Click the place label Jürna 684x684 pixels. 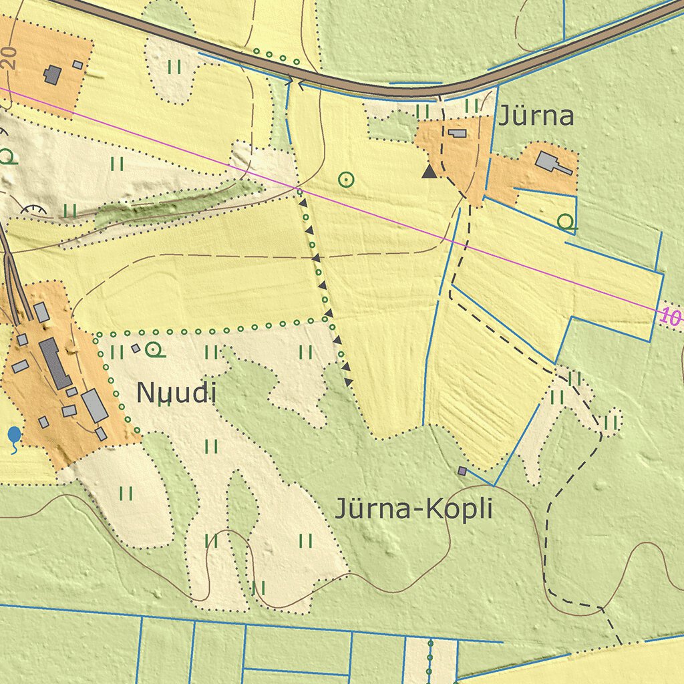(x=536, y=116)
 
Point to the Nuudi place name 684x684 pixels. (x=176, y=393)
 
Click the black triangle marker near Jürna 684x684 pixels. (x=429, y=172)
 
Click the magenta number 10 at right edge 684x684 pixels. (x=670, y=317)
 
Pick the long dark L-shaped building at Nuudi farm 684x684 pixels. (x=55, y=363)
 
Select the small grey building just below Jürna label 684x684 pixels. (x=458, y=133)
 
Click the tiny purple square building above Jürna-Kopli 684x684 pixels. (x=462, y=471)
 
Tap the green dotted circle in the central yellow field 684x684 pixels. (x=346, y=179)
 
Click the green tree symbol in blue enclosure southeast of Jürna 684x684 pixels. (x=566, y=222)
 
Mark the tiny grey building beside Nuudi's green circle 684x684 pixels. (x=136, y=348)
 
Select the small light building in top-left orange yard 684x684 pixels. (x=77, y=65)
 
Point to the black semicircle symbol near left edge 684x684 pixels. (x=33, y=209)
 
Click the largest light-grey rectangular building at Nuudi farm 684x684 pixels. (x=95, y=405)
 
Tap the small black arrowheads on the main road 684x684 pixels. (x=295, y=83)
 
